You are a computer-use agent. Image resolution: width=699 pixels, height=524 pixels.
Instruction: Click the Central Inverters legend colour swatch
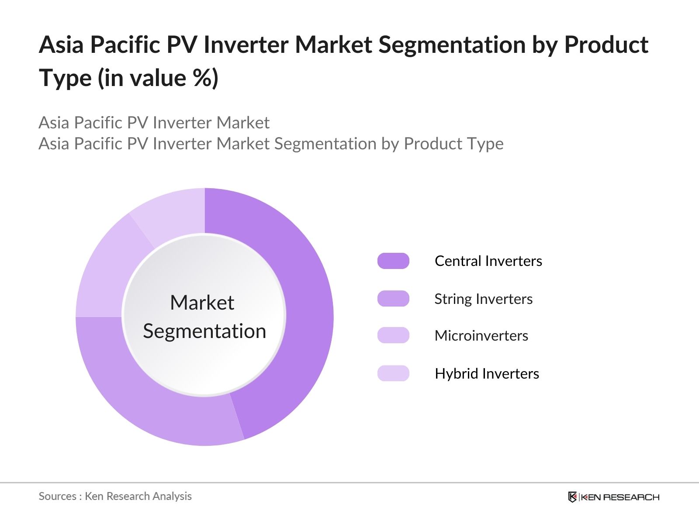[393, 261]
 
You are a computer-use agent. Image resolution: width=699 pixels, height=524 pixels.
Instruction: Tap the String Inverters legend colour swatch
[393, 299]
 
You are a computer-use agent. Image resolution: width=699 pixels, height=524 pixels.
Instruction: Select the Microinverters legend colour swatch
[393, 335]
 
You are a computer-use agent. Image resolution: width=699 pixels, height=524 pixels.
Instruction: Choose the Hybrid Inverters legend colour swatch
[393, 373]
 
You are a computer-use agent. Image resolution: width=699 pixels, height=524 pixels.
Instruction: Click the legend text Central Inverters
[488, 261]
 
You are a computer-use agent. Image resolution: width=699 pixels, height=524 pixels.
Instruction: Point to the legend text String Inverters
[483, 299]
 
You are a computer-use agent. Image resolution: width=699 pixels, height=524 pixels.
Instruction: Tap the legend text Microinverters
[481, 336]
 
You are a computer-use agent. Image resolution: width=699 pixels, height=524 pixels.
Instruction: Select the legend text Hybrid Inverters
[487, 374]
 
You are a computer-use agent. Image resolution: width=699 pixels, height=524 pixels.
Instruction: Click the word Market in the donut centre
[202, 303]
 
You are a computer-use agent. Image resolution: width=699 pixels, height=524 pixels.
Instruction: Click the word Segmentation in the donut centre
[204, 331]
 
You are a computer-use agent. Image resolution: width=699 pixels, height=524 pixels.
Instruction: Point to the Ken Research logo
[613, 497]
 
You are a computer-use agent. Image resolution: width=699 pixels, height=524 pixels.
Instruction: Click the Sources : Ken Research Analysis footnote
[115, 496]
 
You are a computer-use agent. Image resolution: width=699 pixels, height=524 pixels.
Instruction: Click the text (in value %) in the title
[158, 79]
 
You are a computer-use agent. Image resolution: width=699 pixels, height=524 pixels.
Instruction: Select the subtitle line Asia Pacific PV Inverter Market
[154, 123]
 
